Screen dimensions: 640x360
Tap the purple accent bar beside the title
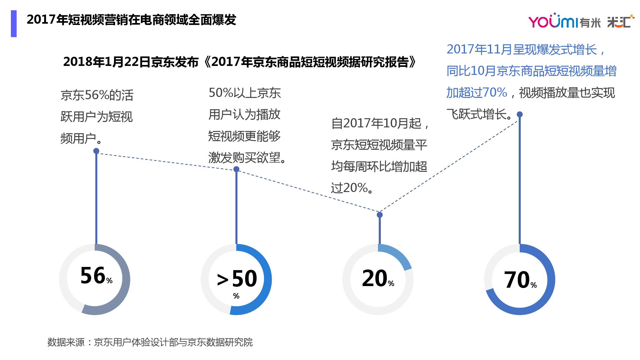click(x=14, y=23)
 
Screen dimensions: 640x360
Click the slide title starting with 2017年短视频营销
click(x=132, y=20)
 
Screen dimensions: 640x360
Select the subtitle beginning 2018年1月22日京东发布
click(x=240, y=62)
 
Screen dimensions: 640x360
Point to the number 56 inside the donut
click(x=93, y=276)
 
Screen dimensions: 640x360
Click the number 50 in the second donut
click(x=244, y=278)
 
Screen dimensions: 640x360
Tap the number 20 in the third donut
click(x=374, y=278)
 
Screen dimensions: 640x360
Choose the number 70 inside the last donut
click(x=517, y=280)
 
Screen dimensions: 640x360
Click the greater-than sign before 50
click(x=222, y=280)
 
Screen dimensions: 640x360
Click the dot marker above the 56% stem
click(x=96, y=151)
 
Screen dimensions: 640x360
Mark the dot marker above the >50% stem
click(x=236, y=169)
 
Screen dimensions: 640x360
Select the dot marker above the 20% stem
click(x=380, y=215)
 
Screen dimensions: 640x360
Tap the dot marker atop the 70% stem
click(x=520, y=114)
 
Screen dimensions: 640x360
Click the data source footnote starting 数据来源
click(x=150, y=342)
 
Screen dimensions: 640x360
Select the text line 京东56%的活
click(x=97, y=95)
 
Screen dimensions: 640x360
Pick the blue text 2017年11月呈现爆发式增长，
click(x=526, y=50)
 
